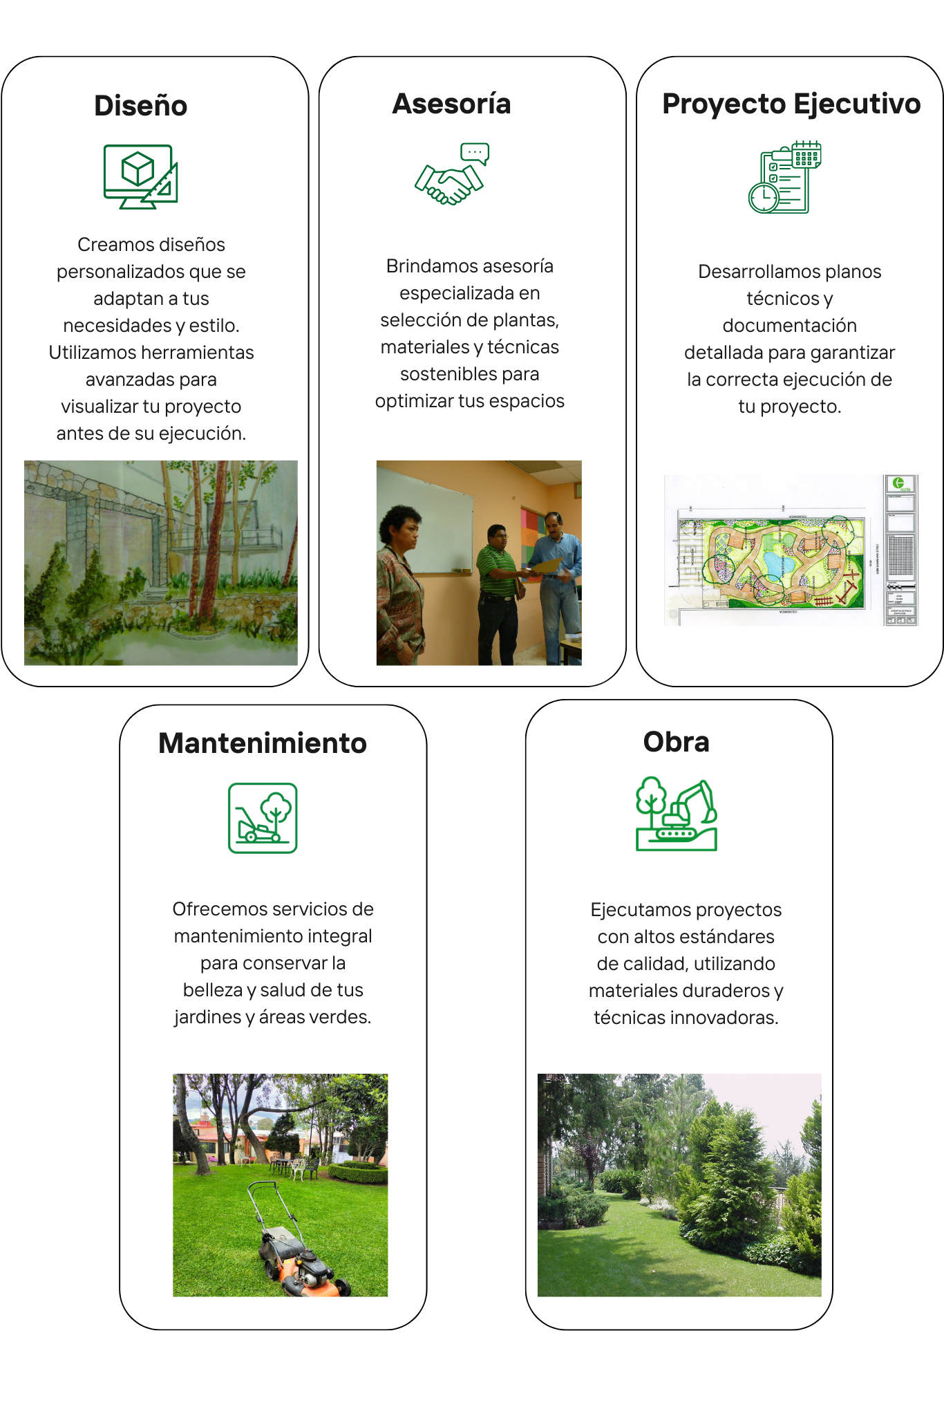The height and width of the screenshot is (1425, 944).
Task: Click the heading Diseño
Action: pyautogui.click(x=140, y=106)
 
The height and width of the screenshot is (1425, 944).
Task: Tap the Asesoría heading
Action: pyautogui.click(x=451, y=104)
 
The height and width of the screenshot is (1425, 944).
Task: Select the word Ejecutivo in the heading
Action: pyautogui.click(x=856, y=104)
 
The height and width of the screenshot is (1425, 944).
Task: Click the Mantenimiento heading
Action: pyautogui.click(x=263, y=743)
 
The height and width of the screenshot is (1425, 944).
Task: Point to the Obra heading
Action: pyautogui.click(x=676, y=742)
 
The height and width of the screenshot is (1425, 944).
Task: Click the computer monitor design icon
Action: pyautogui.click(x=140, y=176)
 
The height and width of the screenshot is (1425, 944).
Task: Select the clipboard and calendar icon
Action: pyautogui.click(x=784, y=178)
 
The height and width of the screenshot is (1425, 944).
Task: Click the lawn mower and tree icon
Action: pyautogui.click(x=263, y=818)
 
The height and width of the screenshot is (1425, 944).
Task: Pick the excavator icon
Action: pyautogui.click(x=677, y=814)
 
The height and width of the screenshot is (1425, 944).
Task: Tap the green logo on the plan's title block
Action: pyautogui.click(x=898, y=483)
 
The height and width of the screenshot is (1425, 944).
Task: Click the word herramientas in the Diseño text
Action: pyautogui.click(x=200, y=353)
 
